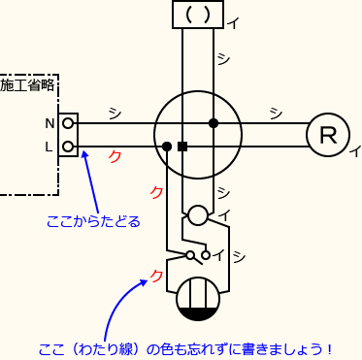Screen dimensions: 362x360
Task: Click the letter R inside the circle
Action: click(328, 136)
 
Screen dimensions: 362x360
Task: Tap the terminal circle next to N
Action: click(68, 124)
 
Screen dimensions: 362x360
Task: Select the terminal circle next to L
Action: click(68, 147)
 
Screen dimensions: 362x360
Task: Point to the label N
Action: click(49, 124)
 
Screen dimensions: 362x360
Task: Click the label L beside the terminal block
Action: click(49, 147)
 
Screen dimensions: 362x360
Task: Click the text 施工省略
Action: click(28, 86)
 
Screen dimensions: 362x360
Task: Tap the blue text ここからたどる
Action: click(93, 221)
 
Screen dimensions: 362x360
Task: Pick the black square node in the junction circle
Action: click(181, 147)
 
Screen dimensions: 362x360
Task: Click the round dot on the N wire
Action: click(213, 123)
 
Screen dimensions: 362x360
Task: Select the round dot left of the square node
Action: click(168, 147)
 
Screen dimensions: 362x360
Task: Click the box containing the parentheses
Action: click(197, 15)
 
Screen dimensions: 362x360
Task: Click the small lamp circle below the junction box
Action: click(197, 215)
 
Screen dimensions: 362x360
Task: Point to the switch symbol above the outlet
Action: click(197, 257)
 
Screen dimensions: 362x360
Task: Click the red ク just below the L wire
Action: click(114, 157)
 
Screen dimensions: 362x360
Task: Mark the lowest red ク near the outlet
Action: click(157, 278)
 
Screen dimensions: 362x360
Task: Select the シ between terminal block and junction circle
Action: click(115, 114)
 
